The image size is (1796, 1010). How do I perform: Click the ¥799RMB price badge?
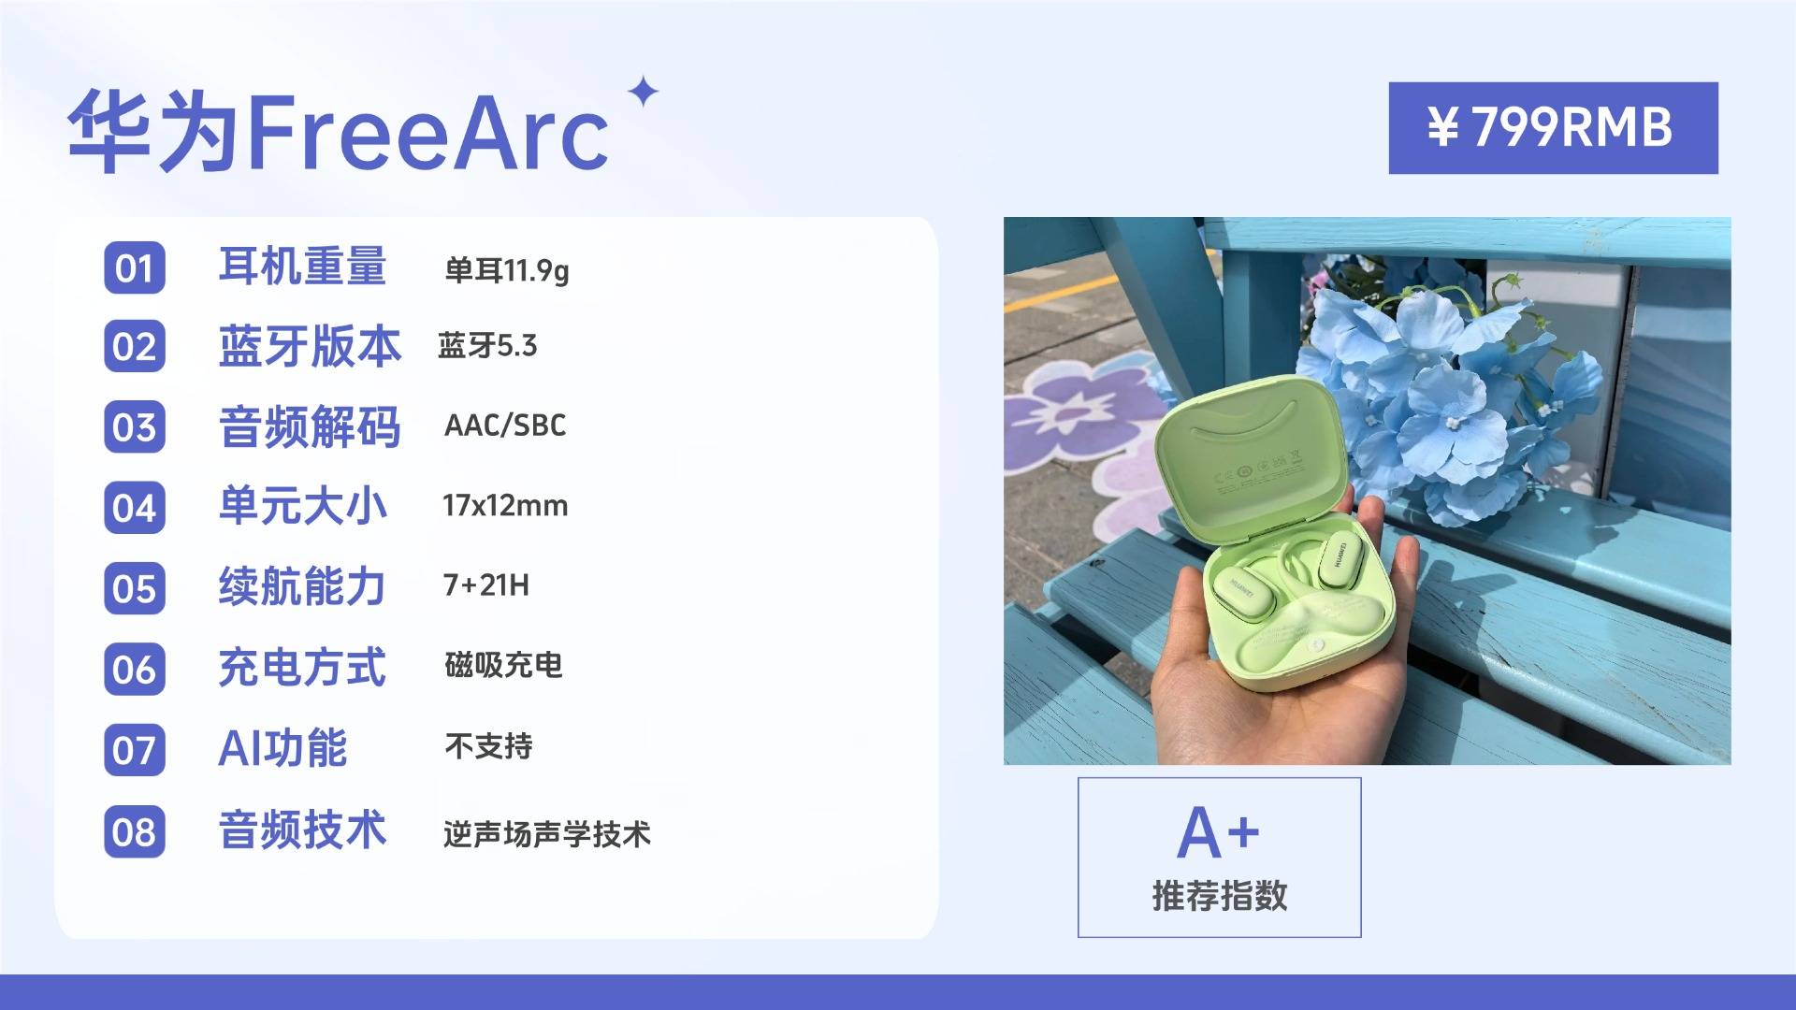[x=1553, y=128]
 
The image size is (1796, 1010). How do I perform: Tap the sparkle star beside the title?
[x=643, y=93]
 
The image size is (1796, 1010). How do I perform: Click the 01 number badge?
[x=135, y=268]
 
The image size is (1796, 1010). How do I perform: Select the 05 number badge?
[x=135, y=589]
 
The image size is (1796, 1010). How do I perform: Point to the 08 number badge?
[x=135, y=831]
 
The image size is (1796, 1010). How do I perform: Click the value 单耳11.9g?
[x=506, y=270]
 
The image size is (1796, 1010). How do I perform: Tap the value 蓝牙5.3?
[x=487, y=346]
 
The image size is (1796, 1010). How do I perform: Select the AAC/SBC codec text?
[x=505, y=426]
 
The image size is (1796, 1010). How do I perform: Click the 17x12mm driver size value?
[x=505, y=506]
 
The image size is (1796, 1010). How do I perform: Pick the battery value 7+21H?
[x=486, y=585]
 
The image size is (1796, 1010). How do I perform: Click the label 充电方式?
[x=302, y=668]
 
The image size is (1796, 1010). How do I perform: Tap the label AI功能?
[x=282, y=748]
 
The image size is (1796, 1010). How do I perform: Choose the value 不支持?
[x=488, y=746]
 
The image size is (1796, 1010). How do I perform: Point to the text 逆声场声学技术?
[x=547, y=834]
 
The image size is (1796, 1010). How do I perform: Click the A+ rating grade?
[x=1218, y=833]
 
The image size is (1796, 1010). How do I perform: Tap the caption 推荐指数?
[x=1220, y=896]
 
